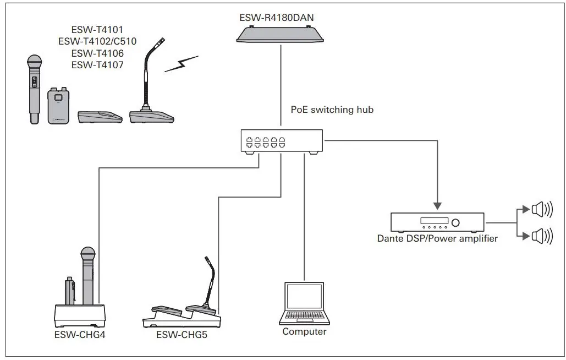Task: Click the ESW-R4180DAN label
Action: tap(277, 18)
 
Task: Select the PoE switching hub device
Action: tap(281, 141)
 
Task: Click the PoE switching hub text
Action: tap(332, 110)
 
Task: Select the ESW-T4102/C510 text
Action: tap(97, 41)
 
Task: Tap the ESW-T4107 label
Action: tap(97, 65)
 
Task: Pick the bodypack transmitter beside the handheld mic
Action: tap(58, 105)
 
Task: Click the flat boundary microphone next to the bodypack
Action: tap(100, 117)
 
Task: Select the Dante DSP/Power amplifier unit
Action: tap(437, 222)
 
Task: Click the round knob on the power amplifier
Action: tap(457, 222)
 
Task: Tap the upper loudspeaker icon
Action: tap(541, 209)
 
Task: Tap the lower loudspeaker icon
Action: tap(541, 237)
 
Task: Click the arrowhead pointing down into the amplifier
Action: tap(437, 206)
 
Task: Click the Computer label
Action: tap(304, 332)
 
